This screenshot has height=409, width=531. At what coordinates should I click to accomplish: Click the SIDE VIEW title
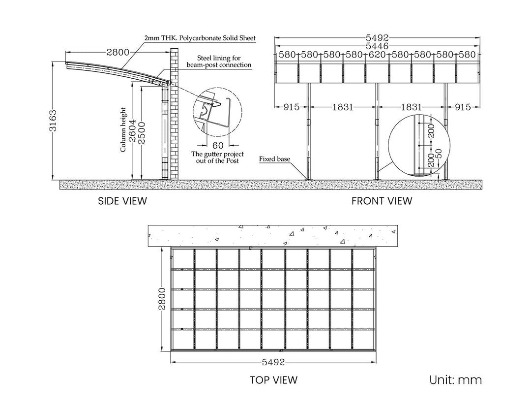[x=122, y=201]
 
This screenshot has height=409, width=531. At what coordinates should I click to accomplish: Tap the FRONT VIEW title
[x=382, y=201]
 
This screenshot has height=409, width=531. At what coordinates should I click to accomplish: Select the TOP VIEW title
[x=274, y=380]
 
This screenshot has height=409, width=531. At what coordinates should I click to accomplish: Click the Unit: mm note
[x=455, y=380]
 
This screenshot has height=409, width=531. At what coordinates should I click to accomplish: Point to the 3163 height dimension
[x=53, y=121]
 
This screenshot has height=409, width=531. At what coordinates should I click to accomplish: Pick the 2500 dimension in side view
[x=142, y=133]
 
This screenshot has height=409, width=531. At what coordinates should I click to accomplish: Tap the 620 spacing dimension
[x=377, y=55]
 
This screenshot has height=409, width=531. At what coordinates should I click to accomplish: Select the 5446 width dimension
[x=377, y=46]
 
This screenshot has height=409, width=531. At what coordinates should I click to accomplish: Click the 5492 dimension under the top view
[x=273, y=362]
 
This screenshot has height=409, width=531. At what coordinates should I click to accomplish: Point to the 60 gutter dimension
[x=218, y=145]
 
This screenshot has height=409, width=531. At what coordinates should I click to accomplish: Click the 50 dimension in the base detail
[x=439, y=154]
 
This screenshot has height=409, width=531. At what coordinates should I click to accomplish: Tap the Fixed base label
[x=275, y=158]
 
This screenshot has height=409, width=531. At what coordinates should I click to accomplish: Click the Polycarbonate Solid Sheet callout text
[x=200, y=38]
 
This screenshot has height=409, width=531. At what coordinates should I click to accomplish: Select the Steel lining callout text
[x=219, y=62]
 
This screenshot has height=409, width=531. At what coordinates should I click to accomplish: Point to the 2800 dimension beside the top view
[x=162, y=299]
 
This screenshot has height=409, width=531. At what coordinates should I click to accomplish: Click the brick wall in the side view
[x=175, y=114]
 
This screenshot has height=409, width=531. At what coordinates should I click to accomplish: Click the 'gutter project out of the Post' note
[x=217, y=157]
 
